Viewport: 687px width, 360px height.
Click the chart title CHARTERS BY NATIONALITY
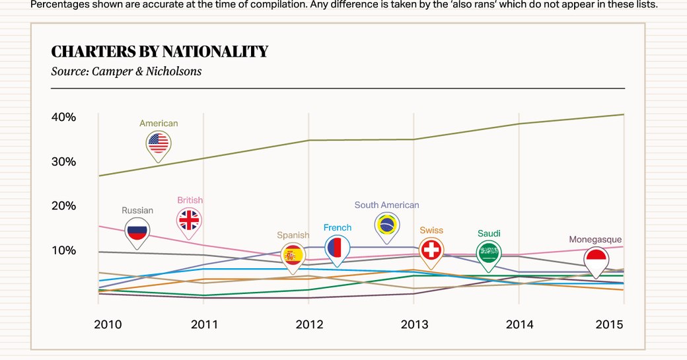coord(159,52)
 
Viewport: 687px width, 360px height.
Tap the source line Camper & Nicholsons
coord(126,71)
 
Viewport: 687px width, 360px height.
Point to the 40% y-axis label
coord(63,118)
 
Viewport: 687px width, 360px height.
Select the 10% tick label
coord(63,250)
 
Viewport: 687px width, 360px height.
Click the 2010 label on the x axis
coord(108,325)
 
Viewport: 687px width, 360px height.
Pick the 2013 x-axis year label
coord(414,325)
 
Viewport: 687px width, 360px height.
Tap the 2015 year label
coord(610,325)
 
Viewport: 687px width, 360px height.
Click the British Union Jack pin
coord(190,220)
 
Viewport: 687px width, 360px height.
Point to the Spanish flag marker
coord(293,255)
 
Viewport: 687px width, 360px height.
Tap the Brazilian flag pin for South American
coord(387,225)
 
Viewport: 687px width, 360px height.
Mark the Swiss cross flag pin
coord(431,250)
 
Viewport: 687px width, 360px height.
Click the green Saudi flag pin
coord(489,253)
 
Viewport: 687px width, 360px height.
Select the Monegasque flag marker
coord(596,260)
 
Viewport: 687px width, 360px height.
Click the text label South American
coord(386,205)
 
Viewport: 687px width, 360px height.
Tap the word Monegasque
coord(595,240)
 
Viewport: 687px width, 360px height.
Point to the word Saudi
coord(489,233)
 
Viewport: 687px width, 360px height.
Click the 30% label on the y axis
coord(63,162)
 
